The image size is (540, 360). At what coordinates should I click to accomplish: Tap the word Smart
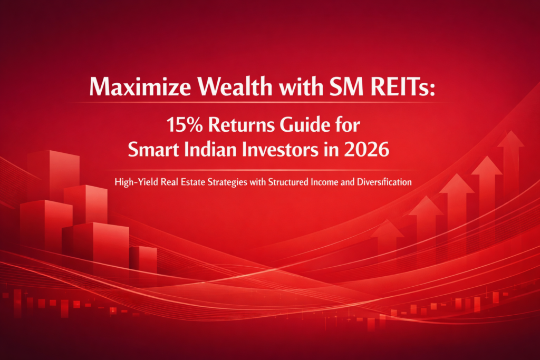tap(158, 149)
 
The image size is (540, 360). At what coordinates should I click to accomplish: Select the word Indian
tap(214, 149)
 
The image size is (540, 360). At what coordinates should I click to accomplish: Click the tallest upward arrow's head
tap(511, 140)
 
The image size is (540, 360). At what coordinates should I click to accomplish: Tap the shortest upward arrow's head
tap(387, 229)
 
